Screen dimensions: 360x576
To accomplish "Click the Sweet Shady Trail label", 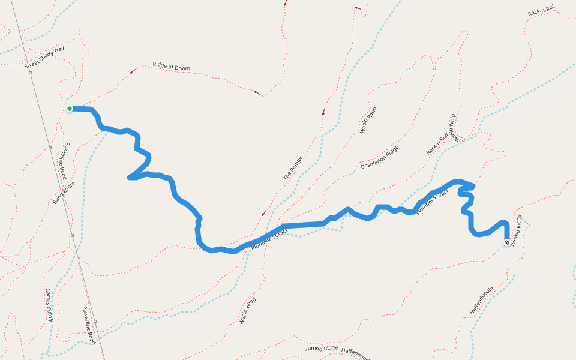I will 44,57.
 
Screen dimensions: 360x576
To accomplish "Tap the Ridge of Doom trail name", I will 171,67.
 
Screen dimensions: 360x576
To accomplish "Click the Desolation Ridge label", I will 379,157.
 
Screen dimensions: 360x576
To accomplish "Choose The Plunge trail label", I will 292,169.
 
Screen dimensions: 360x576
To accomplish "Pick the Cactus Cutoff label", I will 49,305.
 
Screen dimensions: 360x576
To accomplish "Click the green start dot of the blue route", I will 70,109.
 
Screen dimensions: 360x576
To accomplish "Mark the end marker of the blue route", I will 507,242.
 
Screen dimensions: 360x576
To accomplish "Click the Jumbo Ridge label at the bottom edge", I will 322,348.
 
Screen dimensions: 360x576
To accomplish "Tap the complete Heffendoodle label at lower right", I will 482,301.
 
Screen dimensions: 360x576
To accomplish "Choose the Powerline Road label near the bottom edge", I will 88,325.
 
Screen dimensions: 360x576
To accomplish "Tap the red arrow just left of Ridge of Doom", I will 132,71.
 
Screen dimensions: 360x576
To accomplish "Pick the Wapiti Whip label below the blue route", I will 247,311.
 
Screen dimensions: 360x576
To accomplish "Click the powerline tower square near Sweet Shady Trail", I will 29,72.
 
